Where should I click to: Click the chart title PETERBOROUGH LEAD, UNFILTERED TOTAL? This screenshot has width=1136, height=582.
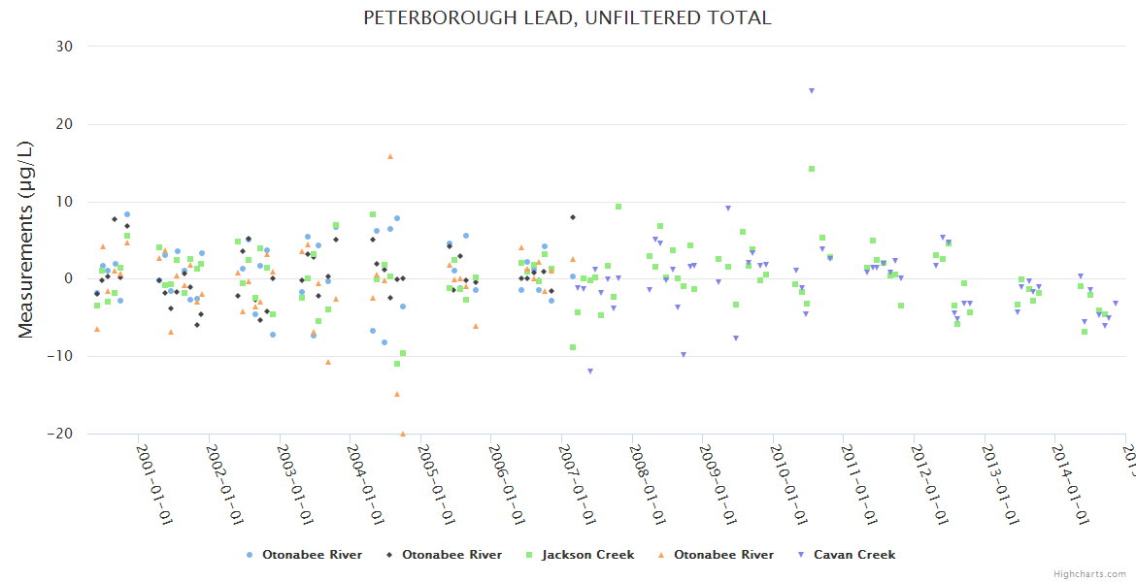coord(567,18)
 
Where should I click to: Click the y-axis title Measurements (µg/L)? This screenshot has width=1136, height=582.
coord(26,240)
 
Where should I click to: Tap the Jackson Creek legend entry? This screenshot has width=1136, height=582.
coord(587,555)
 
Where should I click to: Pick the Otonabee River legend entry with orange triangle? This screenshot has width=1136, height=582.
coord(723,555)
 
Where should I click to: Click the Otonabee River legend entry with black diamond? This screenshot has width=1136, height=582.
coord(451,555)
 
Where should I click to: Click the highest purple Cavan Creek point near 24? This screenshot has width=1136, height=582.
coord(811,91)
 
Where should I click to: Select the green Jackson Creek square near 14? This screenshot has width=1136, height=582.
coord(812,169)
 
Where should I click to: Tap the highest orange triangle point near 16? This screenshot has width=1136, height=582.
coord(390,156)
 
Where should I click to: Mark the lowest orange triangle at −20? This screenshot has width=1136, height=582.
coord(403,434)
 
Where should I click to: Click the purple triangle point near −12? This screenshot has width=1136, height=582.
coord(589,372)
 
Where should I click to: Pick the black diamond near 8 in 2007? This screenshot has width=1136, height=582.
coord(573,217)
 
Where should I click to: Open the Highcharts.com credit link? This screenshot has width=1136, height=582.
coord(1090,574)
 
